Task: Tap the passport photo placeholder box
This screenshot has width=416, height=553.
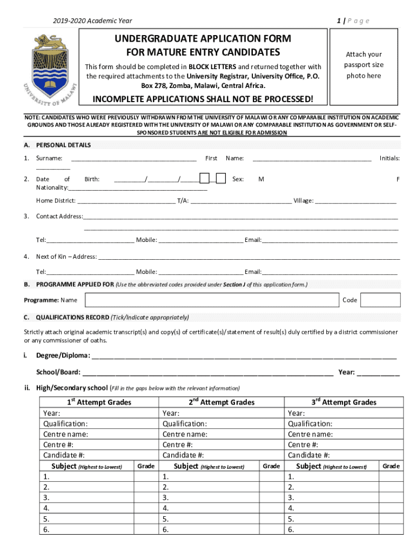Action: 364,65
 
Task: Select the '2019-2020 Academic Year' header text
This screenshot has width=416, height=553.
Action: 92,21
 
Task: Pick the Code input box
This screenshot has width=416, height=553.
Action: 380,300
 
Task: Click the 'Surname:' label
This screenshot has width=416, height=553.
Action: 49,158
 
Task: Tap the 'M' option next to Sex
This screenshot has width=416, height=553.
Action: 261,179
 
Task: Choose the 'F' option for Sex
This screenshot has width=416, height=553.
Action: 398,179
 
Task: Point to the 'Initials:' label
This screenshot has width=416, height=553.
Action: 389,158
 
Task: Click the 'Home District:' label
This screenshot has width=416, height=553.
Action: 56,200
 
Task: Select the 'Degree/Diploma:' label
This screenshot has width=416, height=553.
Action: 63,355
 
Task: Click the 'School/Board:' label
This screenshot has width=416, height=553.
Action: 58,372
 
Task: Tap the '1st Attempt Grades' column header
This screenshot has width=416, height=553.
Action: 99,402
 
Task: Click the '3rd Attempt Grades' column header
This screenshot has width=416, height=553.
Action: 344,402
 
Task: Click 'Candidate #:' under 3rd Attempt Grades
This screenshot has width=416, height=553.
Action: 308,455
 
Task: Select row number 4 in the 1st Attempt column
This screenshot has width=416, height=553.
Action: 46,508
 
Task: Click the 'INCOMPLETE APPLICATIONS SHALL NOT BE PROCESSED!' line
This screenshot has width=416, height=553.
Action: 203,99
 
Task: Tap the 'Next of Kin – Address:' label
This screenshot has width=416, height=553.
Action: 66,257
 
